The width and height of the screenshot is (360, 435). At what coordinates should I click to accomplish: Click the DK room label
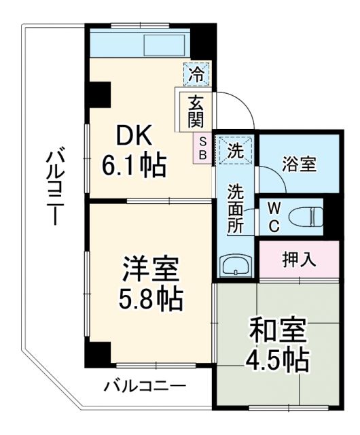(137, 136)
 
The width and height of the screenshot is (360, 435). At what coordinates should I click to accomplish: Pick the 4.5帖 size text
(278, 358)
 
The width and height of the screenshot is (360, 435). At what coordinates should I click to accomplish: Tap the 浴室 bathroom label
(299, 164)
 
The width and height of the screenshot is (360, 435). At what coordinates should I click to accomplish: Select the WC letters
(271, 217)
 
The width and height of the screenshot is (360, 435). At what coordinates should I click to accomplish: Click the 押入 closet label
(299, 259)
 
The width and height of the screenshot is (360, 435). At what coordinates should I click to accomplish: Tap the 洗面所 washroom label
(236, 208)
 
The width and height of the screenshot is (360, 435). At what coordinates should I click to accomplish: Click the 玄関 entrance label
(196, 112)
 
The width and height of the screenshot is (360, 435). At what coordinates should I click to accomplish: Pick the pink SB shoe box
(202, 148)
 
